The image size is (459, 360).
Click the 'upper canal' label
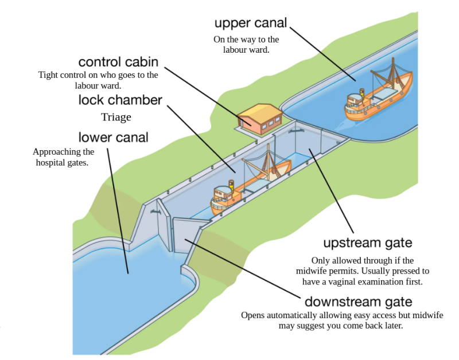click(x=250, y=24)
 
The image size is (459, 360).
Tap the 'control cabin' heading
click(x=118, y=62)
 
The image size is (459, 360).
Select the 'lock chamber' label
click(x=120, y=100)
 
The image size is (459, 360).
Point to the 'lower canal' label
click(x=113, y=137)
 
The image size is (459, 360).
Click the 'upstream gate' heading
click(x=367, y=243)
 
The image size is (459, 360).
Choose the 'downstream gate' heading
click(x=358, y=302)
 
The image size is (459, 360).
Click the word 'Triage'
click(x=116, y=118)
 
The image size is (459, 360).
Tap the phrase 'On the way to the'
click(x=246, y=40)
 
